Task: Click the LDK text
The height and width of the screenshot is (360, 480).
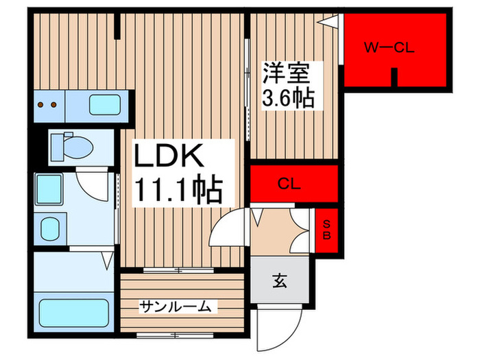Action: [169, 158]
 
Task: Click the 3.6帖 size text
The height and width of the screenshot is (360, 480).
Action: [288, 97]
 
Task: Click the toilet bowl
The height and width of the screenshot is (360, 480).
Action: [77, 146]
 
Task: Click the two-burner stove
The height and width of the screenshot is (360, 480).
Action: [48, 106]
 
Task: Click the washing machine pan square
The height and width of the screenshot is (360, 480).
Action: [49, 188]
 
